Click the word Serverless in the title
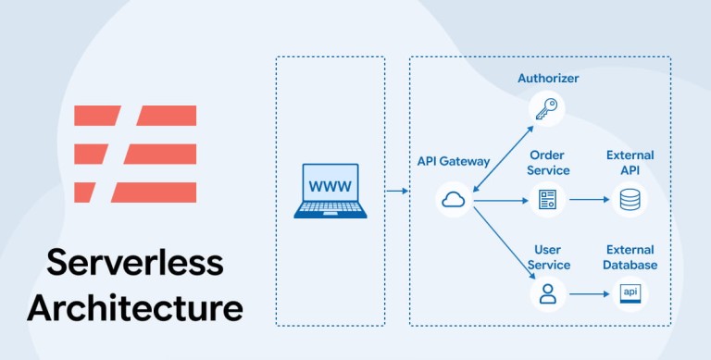(135, 262)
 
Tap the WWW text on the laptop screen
(331, 186)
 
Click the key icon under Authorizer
(546, 109)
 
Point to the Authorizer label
(548, 78)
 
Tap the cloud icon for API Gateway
(454, 199)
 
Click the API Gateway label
(454, 161)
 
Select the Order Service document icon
(547, 200)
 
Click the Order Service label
(548, 163)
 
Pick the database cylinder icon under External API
(630, 200)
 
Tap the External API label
(630, 163)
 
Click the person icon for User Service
(548, 293)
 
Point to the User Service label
(548, 257)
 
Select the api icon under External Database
(630, 293)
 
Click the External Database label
(630, 257)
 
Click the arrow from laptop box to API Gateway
(397, 192)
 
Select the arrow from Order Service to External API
(590, 200)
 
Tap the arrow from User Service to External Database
(590, 294)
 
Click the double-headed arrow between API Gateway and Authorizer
(503, 158)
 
